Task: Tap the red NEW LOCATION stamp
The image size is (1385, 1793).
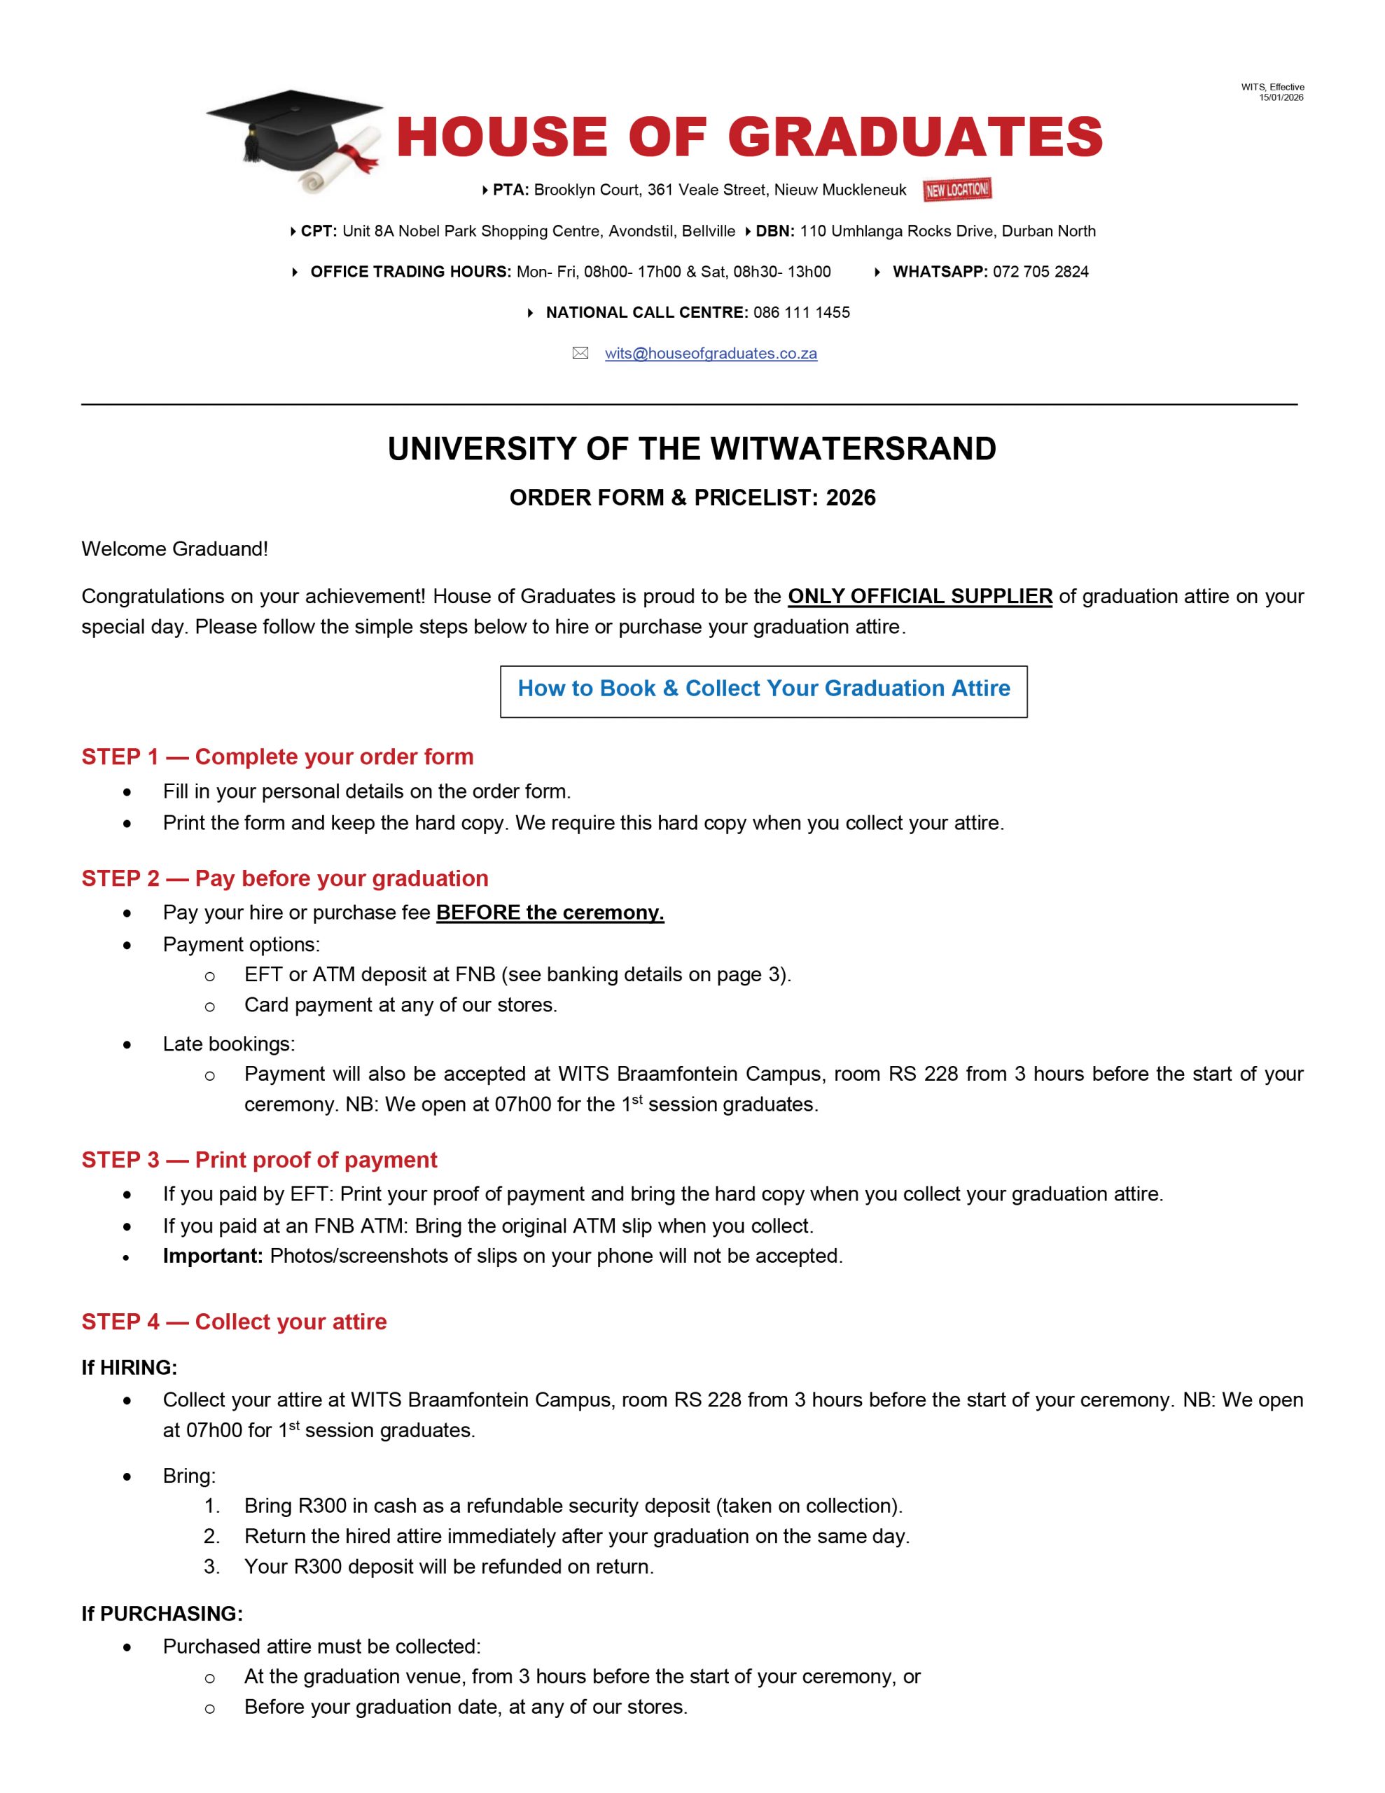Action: [x=956, y=190]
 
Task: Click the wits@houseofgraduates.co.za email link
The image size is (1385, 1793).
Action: [x=710, y=354]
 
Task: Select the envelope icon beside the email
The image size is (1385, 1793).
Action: [x=580, y=354]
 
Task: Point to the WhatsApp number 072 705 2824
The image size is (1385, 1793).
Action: [x=1041, y=272]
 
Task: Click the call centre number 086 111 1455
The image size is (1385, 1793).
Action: [x=801, y=313]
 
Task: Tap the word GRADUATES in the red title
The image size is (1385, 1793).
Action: [x=914, y=137]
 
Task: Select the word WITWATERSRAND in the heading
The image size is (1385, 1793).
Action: [x=853, y=449]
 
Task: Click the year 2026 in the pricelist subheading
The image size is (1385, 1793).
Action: [x=851, y=497]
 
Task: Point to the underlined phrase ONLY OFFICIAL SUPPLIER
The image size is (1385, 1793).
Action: [x=919, y=596]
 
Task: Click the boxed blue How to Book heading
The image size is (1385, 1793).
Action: [x=763, y=688]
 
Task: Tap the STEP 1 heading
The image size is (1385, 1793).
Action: [x=277, y=756]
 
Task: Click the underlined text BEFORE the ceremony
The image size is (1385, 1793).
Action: [x=550, y=912]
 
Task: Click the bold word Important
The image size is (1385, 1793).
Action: [x=213, y=1255]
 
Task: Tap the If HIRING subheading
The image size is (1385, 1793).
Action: [x=129, y=1367]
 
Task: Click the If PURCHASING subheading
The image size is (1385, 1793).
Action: [x=162, y=1613]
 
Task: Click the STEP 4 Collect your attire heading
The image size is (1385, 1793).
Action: [x=234, y=1321]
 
